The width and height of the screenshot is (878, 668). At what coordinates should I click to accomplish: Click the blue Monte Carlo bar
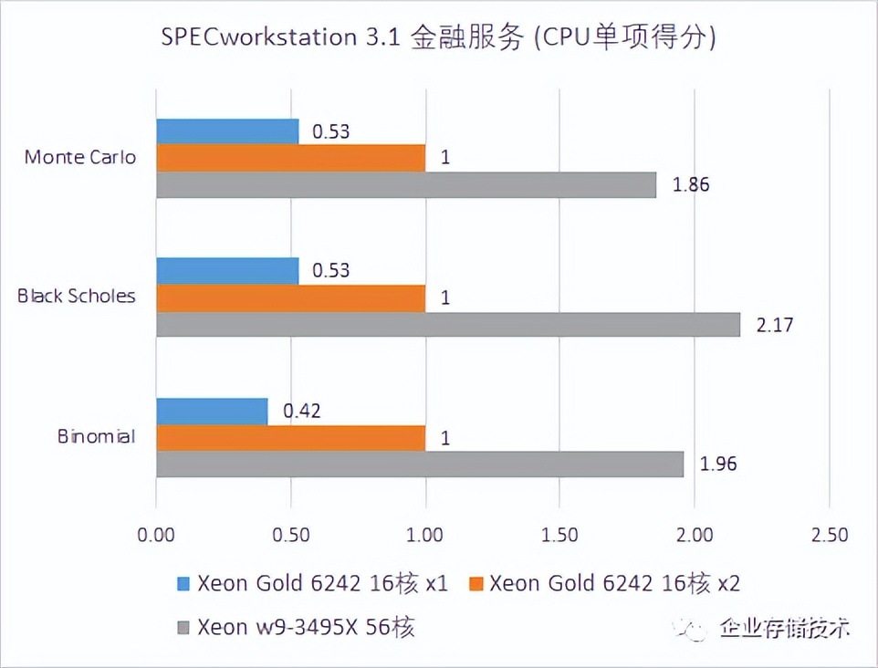tap(227, 131)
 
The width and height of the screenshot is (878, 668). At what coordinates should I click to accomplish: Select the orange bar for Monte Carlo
tap(290, 158)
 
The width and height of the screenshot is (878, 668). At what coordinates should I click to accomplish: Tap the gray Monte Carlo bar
tap(406, 184)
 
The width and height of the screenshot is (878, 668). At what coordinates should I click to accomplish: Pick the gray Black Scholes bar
tap(447, 324)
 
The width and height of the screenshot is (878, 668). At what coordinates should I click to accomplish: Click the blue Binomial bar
tap(212, 412)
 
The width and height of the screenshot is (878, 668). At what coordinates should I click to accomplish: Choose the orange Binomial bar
tap(290, 438)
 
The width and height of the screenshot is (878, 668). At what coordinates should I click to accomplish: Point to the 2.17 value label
tap(775, 324)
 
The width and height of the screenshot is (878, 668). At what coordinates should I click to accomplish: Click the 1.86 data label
tap(691, 184)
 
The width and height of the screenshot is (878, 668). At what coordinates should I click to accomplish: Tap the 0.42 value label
tap(302, 412)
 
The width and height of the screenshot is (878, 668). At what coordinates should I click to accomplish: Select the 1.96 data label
tap(718, 464)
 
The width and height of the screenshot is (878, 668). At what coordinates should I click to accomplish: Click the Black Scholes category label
tap(77, 297)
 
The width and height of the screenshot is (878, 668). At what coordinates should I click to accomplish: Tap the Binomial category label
tap(96, 436)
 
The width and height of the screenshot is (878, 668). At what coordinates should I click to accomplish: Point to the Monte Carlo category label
tap(80, 157)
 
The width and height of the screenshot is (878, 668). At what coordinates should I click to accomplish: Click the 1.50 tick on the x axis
tap(559, 535)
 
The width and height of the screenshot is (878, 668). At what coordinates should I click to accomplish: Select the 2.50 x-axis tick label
tap(827, 535)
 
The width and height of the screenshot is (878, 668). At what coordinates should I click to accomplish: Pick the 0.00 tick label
tap(157, 535)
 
